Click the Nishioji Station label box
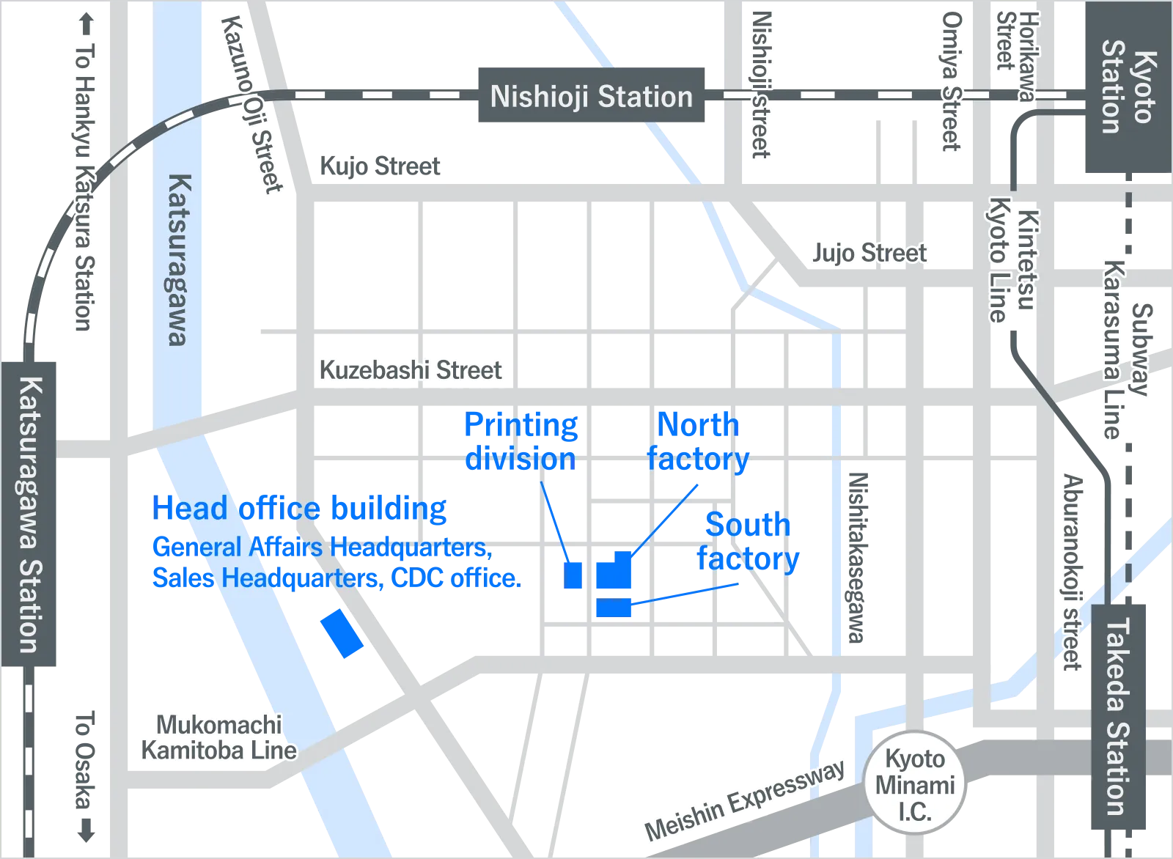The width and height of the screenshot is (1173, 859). point(592,95)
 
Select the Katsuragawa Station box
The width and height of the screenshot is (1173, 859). point(30,513)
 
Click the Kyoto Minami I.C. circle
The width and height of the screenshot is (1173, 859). point(914,785)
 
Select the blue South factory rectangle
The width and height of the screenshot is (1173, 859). point(612,607)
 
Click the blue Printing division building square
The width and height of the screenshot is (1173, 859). point(573,575)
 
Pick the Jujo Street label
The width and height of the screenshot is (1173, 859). point(869,254)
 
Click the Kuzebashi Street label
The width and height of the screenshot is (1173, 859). point(411,370)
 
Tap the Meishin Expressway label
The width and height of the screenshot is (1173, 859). point(744,800)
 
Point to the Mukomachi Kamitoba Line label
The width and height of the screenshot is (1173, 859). point(218,737)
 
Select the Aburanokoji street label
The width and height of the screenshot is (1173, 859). point(1073,572)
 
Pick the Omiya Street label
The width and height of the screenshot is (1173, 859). point(952,81)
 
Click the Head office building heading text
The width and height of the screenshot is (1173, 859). point(300,509)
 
